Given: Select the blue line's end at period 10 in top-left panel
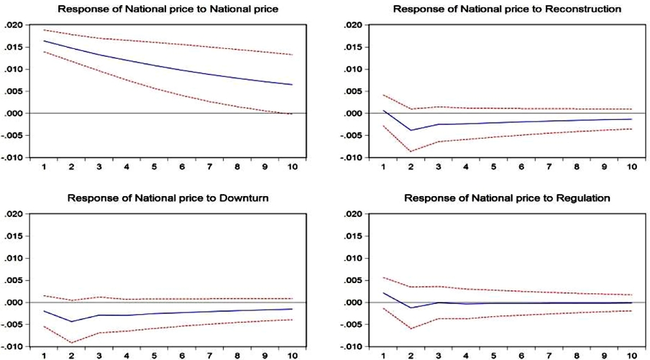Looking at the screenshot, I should tap(292, 85).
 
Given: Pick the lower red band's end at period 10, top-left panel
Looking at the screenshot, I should tap(292, 114).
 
